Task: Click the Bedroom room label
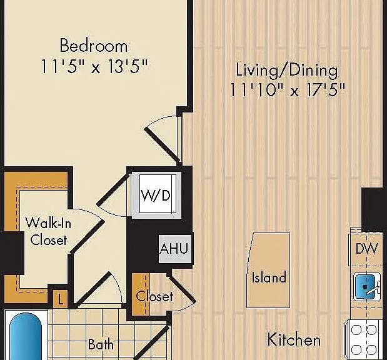pos(94,45)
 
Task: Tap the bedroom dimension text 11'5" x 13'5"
pos(94,66)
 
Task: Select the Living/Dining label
pos(287,71)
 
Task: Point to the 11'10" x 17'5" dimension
pos(287,89)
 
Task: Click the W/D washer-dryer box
pos(156,195)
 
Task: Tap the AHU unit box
pos(174,248)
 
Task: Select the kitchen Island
pos(268,270)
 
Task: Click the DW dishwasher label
pos(367,249)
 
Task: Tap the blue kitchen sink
pos(364,287)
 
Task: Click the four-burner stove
pos(363,339)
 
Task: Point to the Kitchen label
pos(294,339)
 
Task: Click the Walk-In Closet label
pos(48,231)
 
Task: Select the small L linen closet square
pos(60,299)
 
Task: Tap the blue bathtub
pos(26,336)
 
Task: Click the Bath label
pos(101,344)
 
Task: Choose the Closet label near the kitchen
pos(154,296)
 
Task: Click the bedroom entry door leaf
pos(162,145)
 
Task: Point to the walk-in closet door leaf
pos(88,236)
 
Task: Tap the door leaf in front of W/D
pos(113,189)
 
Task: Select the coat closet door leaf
pos(182,288)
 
